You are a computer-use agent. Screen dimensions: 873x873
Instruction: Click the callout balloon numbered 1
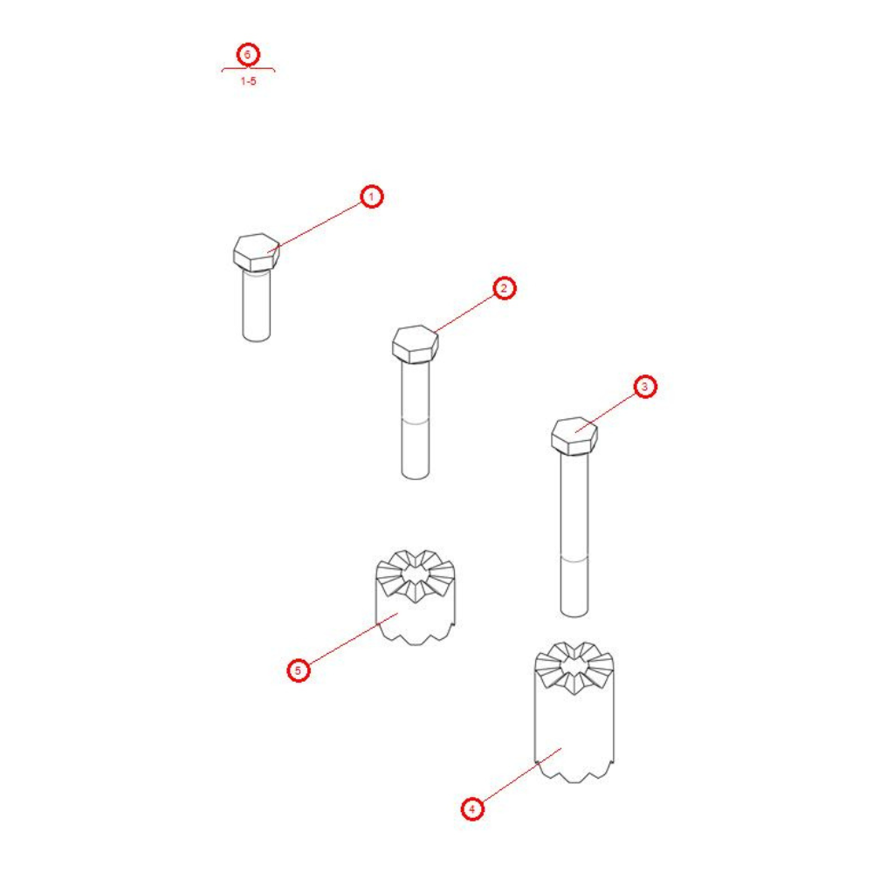pos(372,196)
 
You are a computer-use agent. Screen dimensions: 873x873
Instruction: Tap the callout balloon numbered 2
pos(505,288)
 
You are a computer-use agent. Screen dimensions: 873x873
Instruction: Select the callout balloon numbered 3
pos(645,387)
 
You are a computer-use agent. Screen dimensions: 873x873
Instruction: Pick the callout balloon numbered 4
pos(472,808)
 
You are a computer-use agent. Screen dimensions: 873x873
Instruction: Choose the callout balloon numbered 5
pos(298,670)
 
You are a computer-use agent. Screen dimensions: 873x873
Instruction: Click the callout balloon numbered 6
pos(248,54)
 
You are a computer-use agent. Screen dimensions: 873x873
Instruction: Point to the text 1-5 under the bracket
pos(248,81)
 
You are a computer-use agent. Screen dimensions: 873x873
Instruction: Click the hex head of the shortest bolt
pos(256,252)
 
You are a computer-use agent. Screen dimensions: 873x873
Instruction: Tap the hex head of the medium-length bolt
pos(416,344)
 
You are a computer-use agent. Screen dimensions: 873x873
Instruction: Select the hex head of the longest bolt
pos(574,436)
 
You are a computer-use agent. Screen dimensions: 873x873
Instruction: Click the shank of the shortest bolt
pos(257,305)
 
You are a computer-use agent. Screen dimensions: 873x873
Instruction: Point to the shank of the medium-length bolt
pos(416,421)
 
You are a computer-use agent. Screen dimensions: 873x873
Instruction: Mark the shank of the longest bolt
pos(574,535)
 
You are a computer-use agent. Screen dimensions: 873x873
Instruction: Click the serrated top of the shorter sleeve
pos(416,575)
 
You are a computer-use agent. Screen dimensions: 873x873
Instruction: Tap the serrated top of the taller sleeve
pos(574,667)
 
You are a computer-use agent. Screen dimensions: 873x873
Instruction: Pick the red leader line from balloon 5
pos(353,639)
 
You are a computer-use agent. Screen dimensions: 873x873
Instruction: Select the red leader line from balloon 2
pos(464,313)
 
